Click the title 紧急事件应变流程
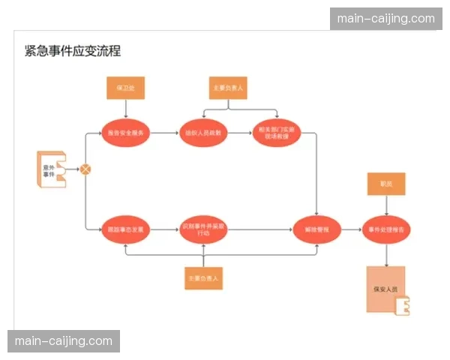[x=73, y=51]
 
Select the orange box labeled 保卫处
[x=125, y=88]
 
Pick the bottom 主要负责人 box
[x=204, y=277]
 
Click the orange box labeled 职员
[x=387, y=183]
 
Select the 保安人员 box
[x=385, y=289]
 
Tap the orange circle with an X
[x=85, y=169]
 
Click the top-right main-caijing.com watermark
[x=386, y=19]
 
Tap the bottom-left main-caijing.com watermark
[x=63, y=341]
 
